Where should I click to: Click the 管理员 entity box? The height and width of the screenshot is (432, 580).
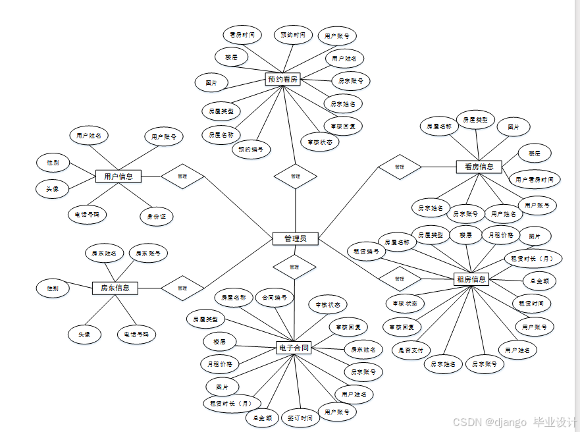(295, 238)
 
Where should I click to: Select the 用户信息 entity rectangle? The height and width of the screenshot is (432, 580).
(118, 176)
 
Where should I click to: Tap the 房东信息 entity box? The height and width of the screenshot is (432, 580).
(115, 288)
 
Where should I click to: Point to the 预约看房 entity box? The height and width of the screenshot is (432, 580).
(282, 79)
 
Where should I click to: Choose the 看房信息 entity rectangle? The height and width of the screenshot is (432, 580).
(479, 167)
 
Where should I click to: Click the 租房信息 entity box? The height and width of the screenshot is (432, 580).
(471, 279)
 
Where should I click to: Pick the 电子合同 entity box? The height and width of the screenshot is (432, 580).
(294, 348)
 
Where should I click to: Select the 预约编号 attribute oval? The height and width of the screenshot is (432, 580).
(251, 149)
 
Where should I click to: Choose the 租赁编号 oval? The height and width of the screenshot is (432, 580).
(367, 251)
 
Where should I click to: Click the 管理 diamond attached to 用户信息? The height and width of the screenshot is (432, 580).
(182, 176)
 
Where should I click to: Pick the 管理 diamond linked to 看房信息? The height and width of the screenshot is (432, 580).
(399, 167)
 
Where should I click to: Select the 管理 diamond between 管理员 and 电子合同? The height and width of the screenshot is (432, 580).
(294, 267)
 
